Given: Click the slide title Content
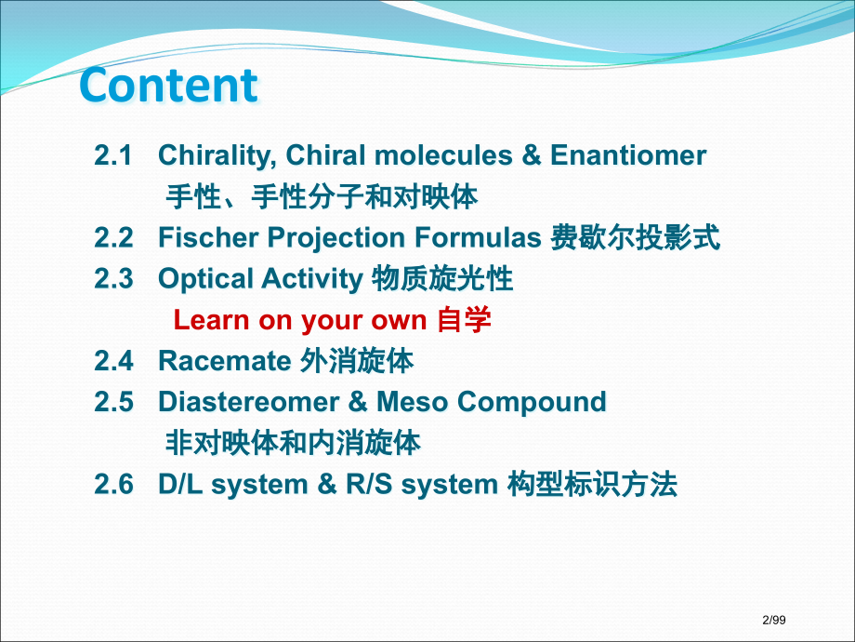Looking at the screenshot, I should (x=168, y=85).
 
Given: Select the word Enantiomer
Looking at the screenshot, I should (x=628, y=155).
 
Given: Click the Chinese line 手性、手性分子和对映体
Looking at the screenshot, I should (x=322, y=197).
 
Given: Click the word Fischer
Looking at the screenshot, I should (x=209, y=237).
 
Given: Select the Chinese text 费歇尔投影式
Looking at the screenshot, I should (x=635, y=237).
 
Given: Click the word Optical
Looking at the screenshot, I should (x=205, y=278).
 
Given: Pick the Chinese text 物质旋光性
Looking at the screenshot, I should (x=442, y=278).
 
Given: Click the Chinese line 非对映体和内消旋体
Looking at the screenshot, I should (x=293, y=443).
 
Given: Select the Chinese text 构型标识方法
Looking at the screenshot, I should (x=592, y=485).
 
